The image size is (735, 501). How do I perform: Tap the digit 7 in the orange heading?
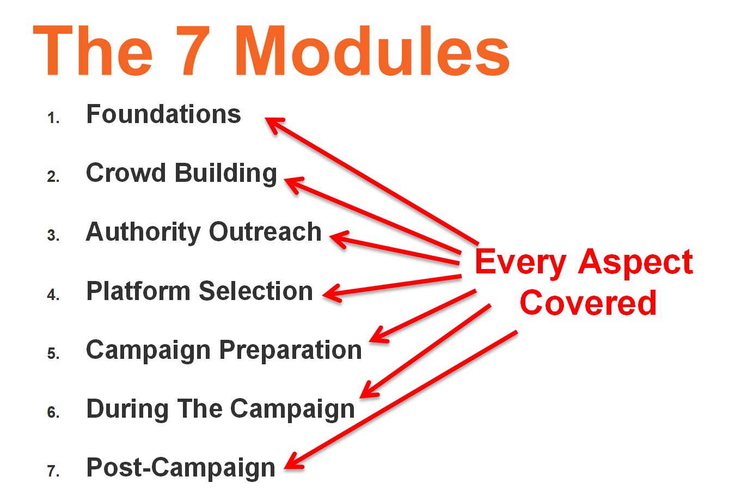coord(193,51)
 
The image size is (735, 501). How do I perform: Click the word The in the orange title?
coord(93,50)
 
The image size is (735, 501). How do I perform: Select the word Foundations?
coord(163,114)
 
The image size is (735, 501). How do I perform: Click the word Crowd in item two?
coord(126,173)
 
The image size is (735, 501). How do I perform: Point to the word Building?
coord(226,174)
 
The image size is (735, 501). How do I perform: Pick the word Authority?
coord(143,233)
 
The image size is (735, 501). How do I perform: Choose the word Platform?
coord(138,291)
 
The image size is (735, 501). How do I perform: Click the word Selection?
coord(255,291)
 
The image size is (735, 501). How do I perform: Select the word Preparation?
coord(290,351)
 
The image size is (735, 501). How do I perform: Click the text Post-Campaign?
coord(181,468)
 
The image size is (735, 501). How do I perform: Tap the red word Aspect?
coord(635,263)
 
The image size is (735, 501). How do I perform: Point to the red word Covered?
coord(588,302)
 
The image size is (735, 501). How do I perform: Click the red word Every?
coord(520,263)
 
